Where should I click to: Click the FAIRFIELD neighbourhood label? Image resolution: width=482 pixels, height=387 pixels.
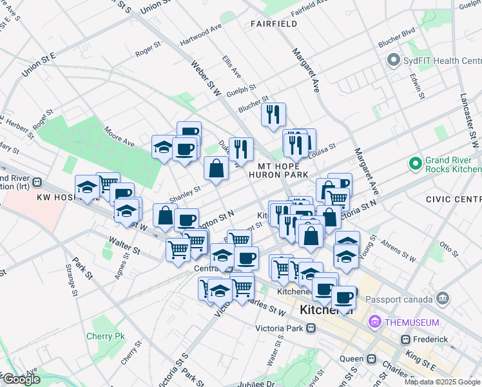(274, 24)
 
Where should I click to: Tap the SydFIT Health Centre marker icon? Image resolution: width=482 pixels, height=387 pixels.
(393, 61)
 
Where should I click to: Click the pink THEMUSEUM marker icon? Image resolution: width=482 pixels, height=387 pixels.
(374, 322)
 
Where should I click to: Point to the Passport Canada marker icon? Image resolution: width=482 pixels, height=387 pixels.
(442, 297)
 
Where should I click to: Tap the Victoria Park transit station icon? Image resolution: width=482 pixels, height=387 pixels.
(311, 328)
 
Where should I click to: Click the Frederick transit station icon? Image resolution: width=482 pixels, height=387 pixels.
(406, 339)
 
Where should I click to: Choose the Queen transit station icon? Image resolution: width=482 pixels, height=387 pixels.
(371, 359)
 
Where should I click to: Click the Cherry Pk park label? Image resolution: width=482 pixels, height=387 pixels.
(105, 336)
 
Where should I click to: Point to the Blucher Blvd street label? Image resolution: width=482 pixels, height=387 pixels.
(396, 33)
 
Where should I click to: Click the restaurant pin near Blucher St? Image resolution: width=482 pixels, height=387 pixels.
(273, 115)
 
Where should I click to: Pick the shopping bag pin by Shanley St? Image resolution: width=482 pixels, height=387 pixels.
(216, 168)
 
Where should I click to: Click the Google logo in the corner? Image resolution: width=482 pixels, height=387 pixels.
(21, 379)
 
